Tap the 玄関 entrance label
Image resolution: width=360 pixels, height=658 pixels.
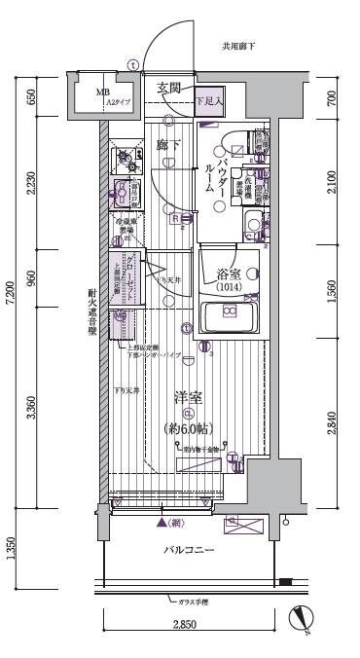169,89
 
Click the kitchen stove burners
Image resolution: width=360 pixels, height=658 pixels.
125,156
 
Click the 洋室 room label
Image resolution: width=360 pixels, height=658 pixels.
188,397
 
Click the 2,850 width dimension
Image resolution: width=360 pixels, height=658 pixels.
187,623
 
